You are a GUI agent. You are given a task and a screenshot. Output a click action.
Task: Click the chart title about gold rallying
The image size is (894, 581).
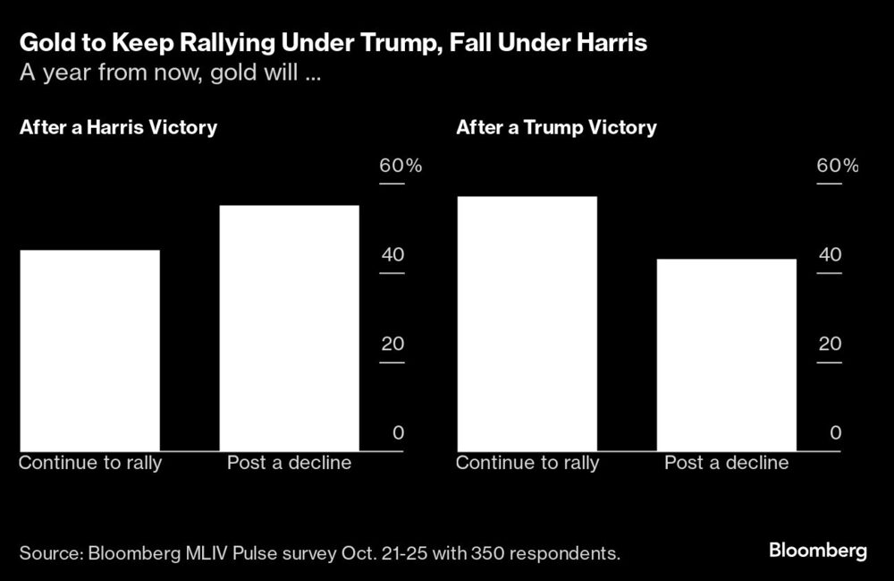point(333,42)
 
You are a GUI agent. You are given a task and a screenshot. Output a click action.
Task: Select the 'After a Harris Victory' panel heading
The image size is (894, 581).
point(118,127)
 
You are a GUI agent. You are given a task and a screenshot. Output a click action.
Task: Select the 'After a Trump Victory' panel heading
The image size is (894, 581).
point(556,127)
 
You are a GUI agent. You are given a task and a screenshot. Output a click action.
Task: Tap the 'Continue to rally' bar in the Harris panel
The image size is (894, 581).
point(89,351)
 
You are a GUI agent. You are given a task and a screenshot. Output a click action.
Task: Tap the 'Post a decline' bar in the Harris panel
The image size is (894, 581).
point(289,329)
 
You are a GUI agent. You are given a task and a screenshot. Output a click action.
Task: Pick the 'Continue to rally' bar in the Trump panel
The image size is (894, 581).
point(527,324)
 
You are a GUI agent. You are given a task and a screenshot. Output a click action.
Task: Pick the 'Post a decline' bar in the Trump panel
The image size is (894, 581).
point(726,355)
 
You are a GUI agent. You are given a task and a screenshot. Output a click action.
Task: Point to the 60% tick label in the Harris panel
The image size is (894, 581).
point(400,167)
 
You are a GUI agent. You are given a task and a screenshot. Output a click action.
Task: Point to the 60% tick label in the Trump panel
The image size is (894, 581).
point(837,167)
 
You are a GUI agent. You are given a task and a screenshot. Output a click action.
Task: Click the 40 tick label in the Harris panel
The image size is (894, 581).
point(392,255)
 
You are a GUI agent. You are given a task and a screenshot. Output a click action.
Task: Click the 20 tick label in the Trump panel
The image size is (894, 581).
point(830,345)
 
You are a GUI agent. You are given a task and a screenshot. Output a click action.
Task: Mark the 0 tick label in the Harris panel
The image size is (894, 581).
point(399,433)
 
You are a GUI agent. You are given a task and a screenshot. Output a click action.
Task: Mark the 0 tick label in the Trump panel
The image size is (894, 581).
point(836,433)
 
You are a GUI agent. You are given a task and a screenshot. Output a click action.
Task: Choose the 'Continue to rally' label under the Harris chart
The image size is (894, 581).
point(90,463)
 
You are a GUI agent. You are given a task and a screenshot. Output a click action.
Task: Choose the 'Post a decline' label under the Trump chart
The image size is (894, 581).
point(726,463)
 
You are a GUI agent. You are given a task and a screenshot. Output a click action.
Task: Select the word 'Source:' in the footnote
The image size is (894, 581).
point(48,553)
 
